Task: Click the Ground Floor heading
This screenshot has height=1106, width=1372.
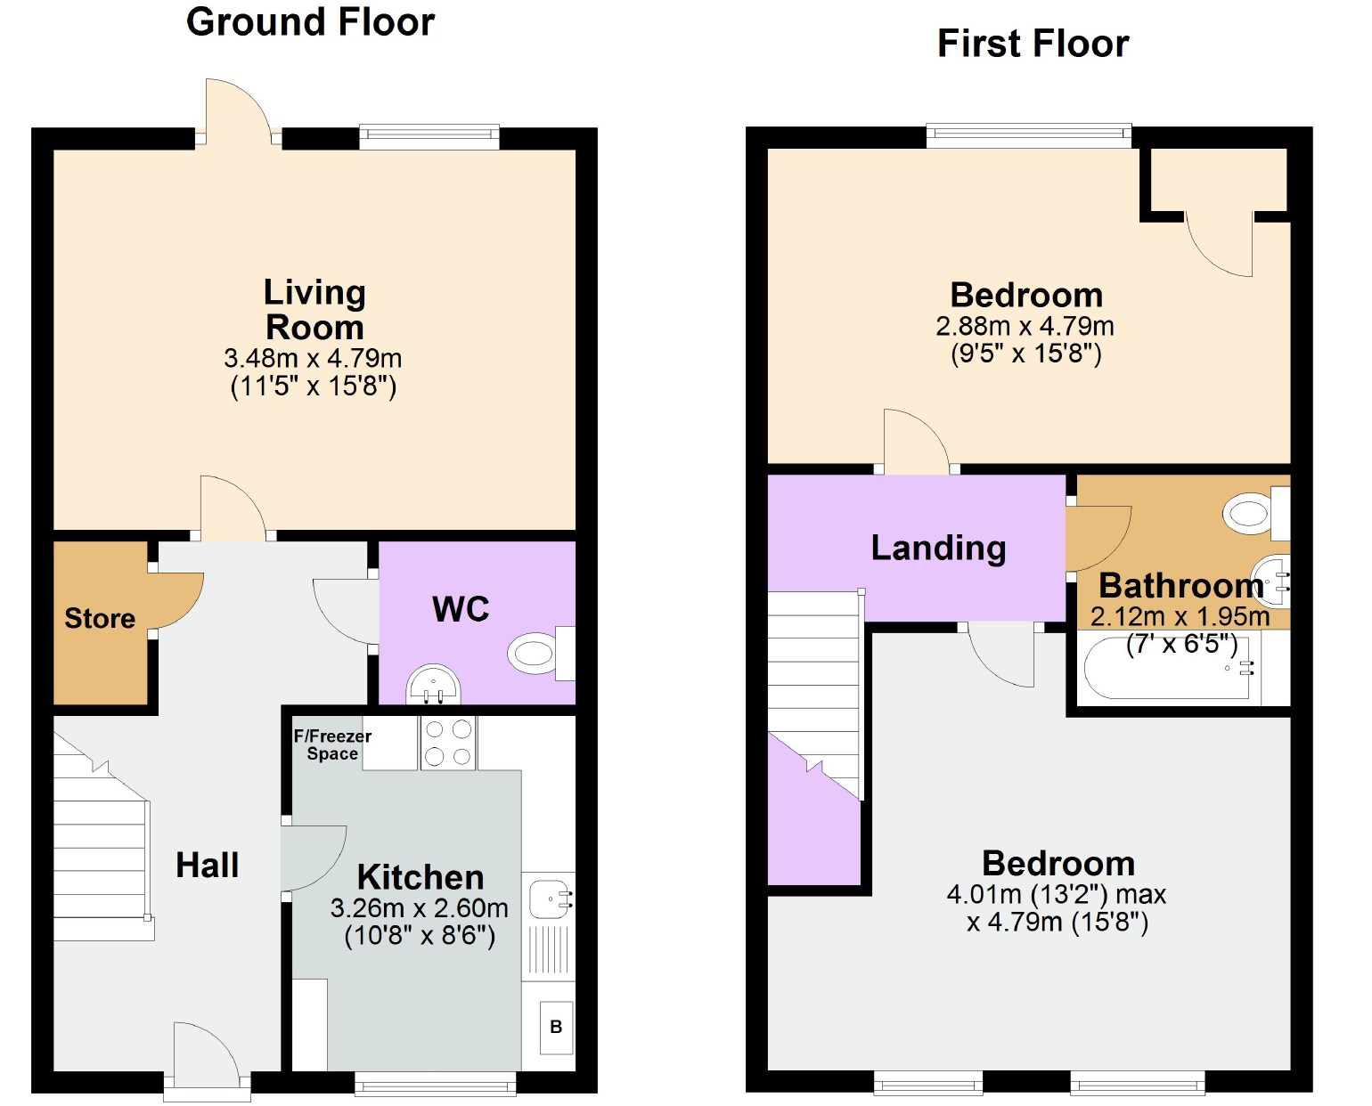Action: click(x=311, y=23)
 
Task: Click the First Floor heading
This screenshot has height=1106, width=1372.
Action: click(x=1033, y=44)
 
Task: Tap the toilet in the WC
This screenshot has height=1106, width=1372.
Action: click(x=542, y=653)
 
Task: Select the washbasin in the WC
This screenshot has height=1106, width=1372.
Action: click(x=434, y=686)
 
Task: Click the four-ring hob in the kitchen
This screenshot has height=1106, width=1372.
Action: click(x=448, y=743)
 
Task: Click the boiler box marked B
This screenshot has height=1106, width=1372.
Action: click(x=556, y=1028)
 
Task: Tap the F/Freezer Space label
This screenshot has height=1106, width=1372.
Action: click(x=332, y=744)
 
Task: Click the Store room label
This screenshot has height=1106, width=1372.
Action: click(x=100, y=618)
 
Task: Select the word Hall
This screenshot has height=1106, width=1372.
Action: click(x=208, y=865)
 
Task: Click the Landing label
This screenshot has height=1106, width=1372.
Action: click(x=938, y=549)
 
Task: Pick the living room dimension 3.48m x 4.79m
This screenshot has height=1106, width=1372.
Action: click(x=313, y=358)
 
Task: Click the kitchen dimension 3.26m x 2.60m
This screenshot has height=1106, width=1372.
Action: click(x=420, y=907)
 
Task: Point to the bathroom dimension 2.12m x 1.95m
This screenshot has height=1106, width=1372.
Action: click(x=1180, y=616)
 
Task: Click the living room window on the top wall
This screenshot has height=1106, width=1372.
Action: click(x=429, y=136)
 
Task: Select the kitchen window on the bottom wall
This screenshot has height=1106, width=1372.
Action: click(x=436, y=1084)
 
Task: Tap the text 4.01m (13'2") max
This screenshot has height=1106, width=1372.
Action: click(x=1057, y=894)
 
